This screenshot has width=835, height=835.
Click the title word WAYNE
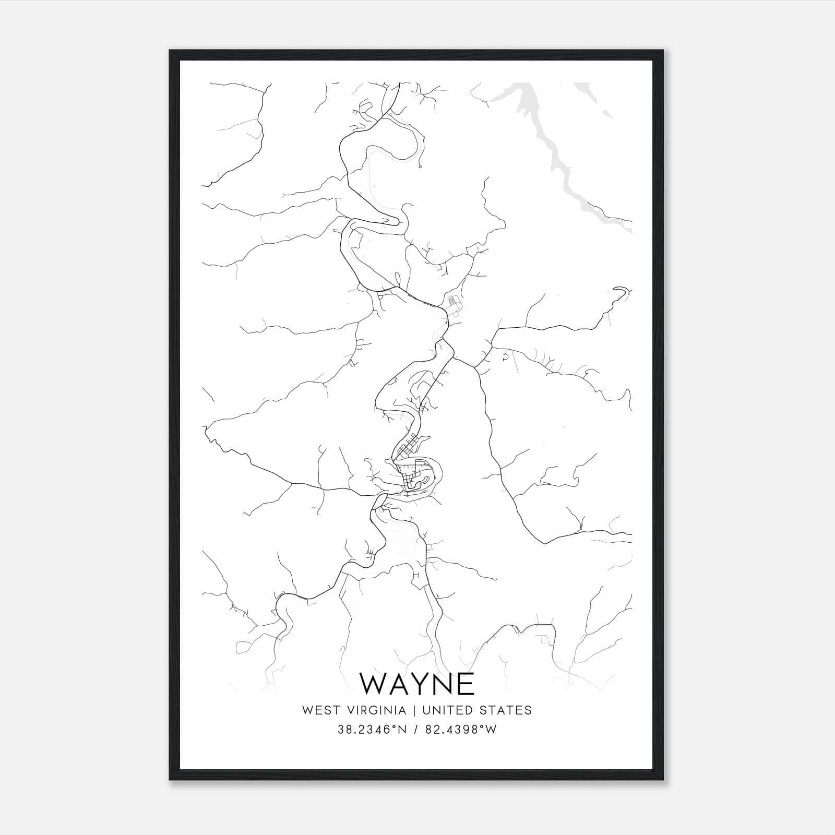pos(417,684)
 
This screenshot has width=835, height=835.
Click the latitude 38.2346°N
pos(372,730)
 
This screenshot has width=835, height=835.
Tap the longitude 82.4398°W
pos(462,730)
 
